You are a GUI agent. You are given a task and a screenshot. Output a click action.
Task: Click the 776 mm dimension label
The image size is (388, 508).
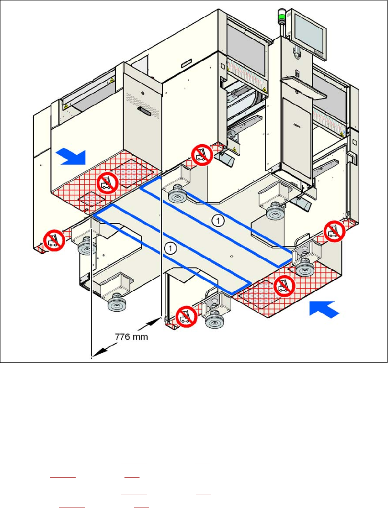[x=131, y=338]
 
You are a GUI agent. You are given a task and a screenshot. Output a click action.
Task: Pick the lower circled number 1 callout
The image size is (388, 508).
[x=170, y=248]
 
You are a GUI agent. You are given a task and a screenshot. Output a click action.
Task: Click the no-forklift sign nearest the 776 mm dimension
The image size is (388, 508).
[x=186, y=315]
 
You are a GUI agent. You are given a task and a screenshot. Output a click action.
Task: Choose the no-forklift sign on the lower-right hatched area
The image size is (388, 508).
[x=284, y=286]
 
